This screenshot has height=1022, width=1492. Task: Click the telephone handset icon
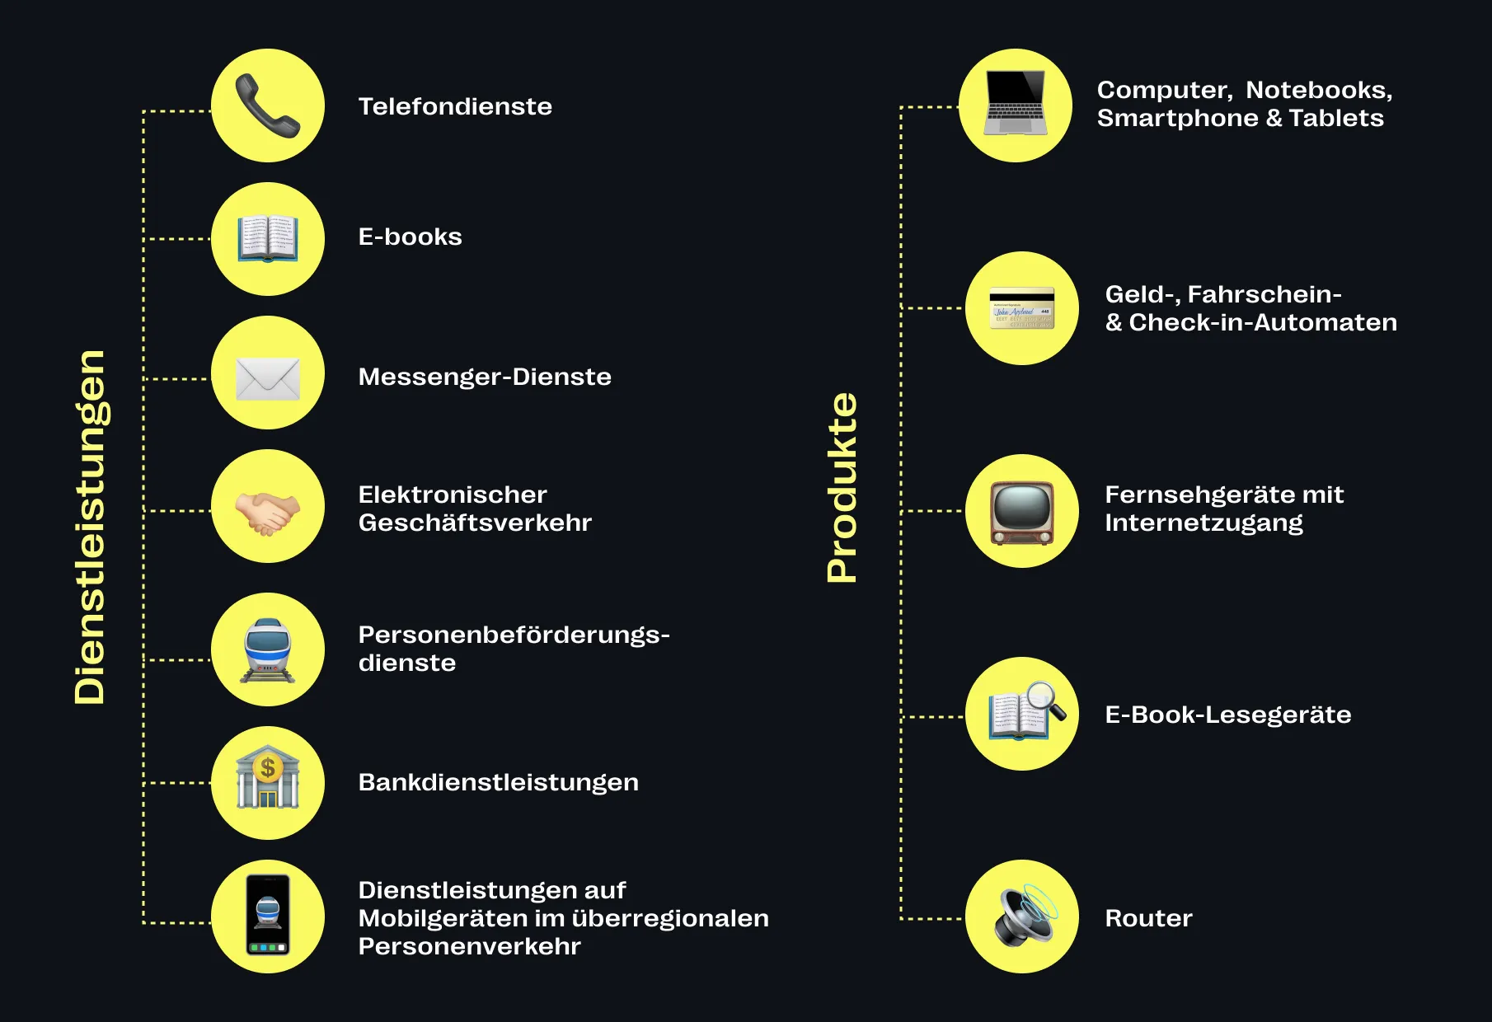tap(267, 105)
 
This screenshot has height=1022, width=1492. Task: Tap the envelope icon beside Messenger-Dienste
tap(267, 378)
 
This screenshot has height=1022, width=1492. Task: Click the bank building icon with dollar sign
tap(267, 780)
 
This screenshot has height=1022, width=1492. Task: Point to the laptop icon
tap(1016, 104)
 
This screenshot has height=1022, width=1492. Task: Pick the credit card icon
tap(1021, 309)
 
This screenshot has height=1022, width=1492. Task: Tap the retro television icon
tap(1021, 512)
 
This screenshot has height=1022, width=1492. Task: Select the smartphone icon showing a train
tap(268, 915)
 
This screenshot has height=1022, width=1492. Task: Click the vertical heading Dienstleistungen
tap(91, 527)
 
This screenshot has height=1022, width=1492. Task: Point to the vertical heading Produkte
tap(842, 488)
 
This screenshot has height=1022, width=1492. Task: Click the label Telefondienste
tap(455, 106)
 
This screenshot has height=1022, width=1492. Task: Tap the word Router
tap(1148, 918)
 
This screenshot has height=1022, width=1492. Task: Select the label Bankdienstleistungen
tap(498, 782)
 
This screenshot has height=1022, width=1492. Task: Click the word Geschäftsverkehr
tap(475, 523)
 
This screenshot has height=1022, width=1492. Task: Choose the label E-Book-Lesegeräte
tap(1227, 715)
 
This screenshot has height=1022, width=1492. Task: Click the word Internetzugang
tap(1203, 523)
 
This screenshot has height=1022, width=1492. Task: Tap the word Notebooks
tap(1318, 90)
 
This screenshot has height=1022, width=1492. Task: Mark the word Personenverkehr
tap(469, 946)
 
